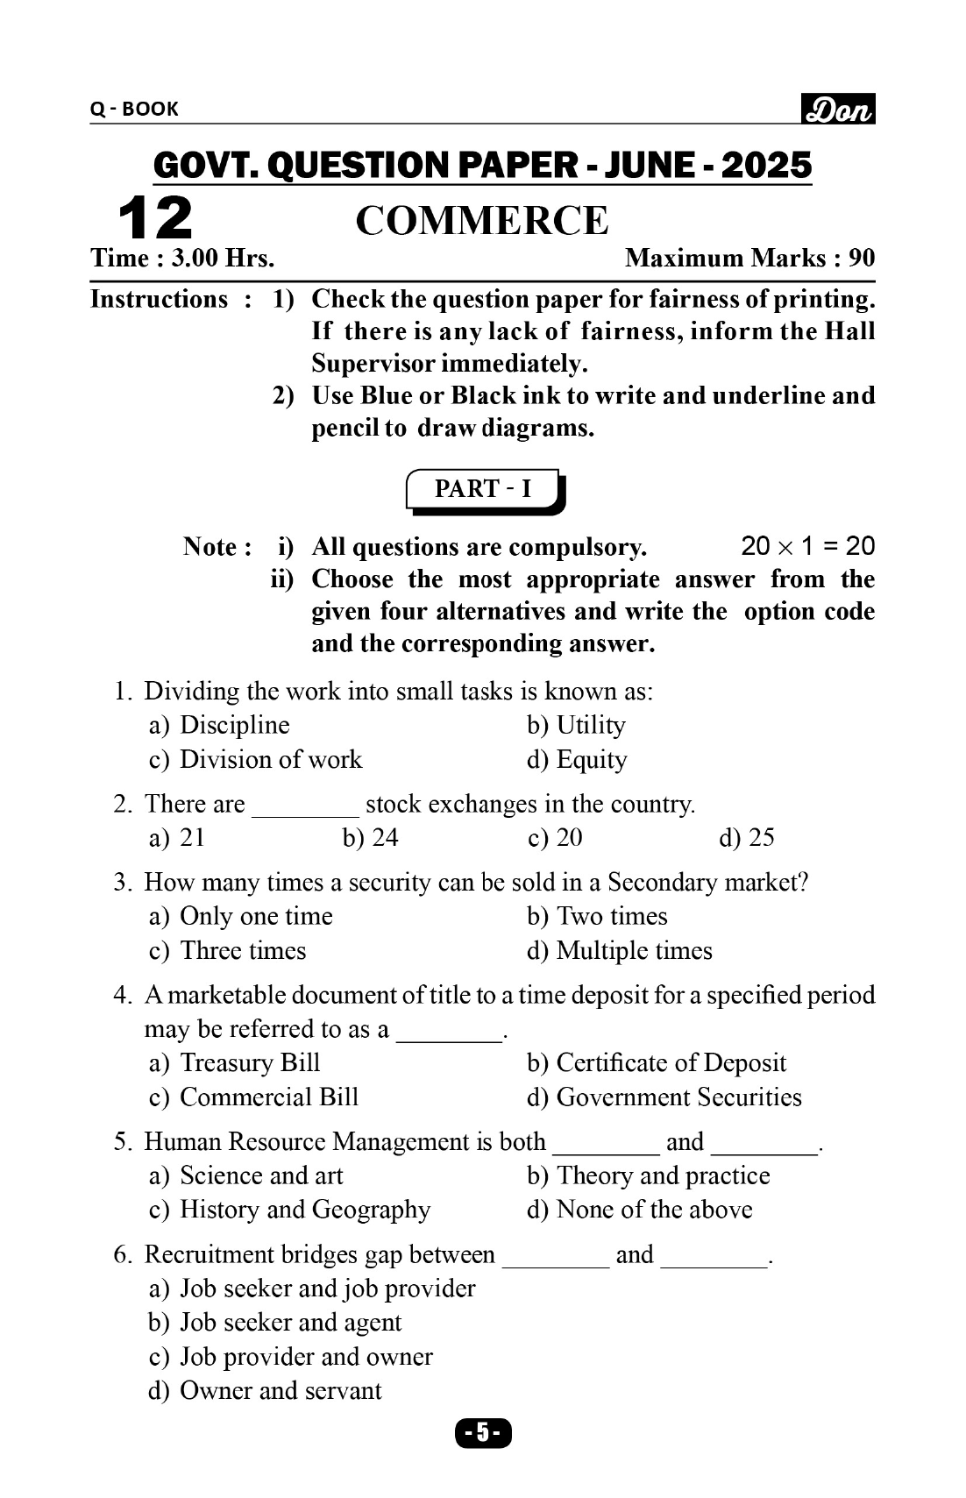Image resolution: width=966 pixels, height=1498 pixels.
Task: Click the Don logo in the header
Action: click(x=838, y=110)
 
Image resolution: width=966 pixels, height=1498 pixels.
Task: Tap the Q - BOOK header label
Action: click(x=134, y=110)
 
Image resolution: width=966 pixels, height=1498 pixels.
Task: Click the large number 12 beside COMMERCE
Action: click(x=155, y=218)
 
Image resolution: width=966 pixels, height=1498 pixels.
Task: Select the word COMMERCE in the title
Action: click(x=481, y=221)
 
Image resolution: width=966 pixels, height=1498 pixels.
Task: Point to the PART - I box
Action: click(x=484, y=489)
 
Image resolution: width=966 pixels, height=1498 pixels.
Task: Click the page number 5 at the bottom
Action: click(x=482, y=1433)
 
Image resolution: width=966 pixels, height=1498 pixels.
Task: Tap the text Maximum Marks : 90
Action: click(x=749, y=259)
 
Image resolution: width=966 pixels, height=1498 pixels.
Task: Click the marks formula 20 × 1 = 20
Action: click(x=807, y=547)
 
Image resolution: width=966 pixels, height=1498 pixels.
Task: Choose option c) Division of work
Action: click(x=255, y=759)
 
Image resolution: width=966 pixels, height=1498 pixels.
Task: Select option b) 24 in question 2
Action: click(x=370, y=838)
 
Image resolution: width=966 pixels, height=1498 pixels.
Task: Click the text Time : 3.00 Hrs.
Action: click(x=182, y=259)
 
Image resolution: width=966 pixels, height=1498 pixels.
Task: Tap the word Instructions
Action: click(x=159, y=300)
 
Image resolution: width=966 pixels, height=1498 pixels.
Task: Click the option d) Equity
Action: click(x=577, y=760)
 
